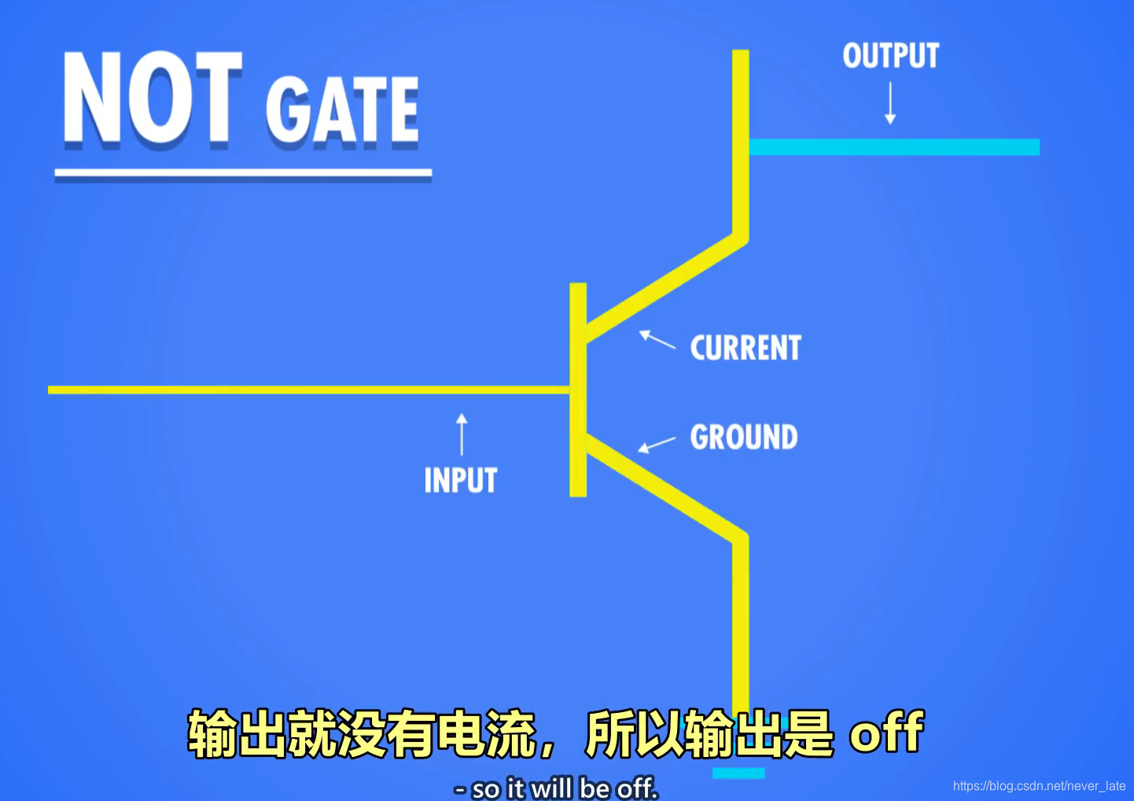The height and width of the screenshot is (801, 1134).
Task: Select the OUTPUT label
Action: click(890, 56)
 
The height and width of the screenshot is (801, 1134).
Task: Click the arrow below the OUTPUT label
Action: click(890, 104)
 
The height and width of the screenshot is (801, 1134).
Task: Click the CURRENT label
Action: click(746, 348)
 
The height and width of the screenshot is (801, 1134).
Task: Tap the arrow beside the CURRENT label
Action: click(657, 340)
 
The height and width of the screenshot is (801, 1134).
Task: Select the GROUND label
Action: click(744, 437)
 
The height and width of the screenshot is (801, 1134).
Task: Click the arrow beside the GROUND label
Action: click(657, 445)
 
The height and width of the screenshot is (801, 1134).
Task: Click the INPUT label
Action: click(461, 480)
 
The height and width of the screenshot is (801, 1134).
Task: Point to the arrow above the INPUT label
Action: click(462, 435)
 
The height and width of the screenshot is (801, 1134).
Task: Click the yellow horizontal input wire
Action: click(307, 390)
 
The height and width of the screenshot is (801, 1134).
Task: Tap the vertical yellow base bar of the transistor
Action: click(578, 389)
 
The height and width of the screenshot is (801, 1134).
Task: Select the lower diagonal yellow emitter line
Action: click(665, 487)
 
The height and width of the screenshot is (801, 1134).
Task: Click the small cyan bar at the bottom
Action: click(738, 773)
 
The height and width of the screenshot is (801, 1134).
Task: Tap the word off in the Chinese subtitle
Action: click(886, 733)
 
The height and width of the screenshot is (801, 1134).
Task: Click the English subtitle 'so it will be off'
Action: click(557, 788)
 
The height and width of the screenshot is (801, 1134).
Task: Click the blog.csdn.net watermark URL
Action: click(1039, 786)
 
